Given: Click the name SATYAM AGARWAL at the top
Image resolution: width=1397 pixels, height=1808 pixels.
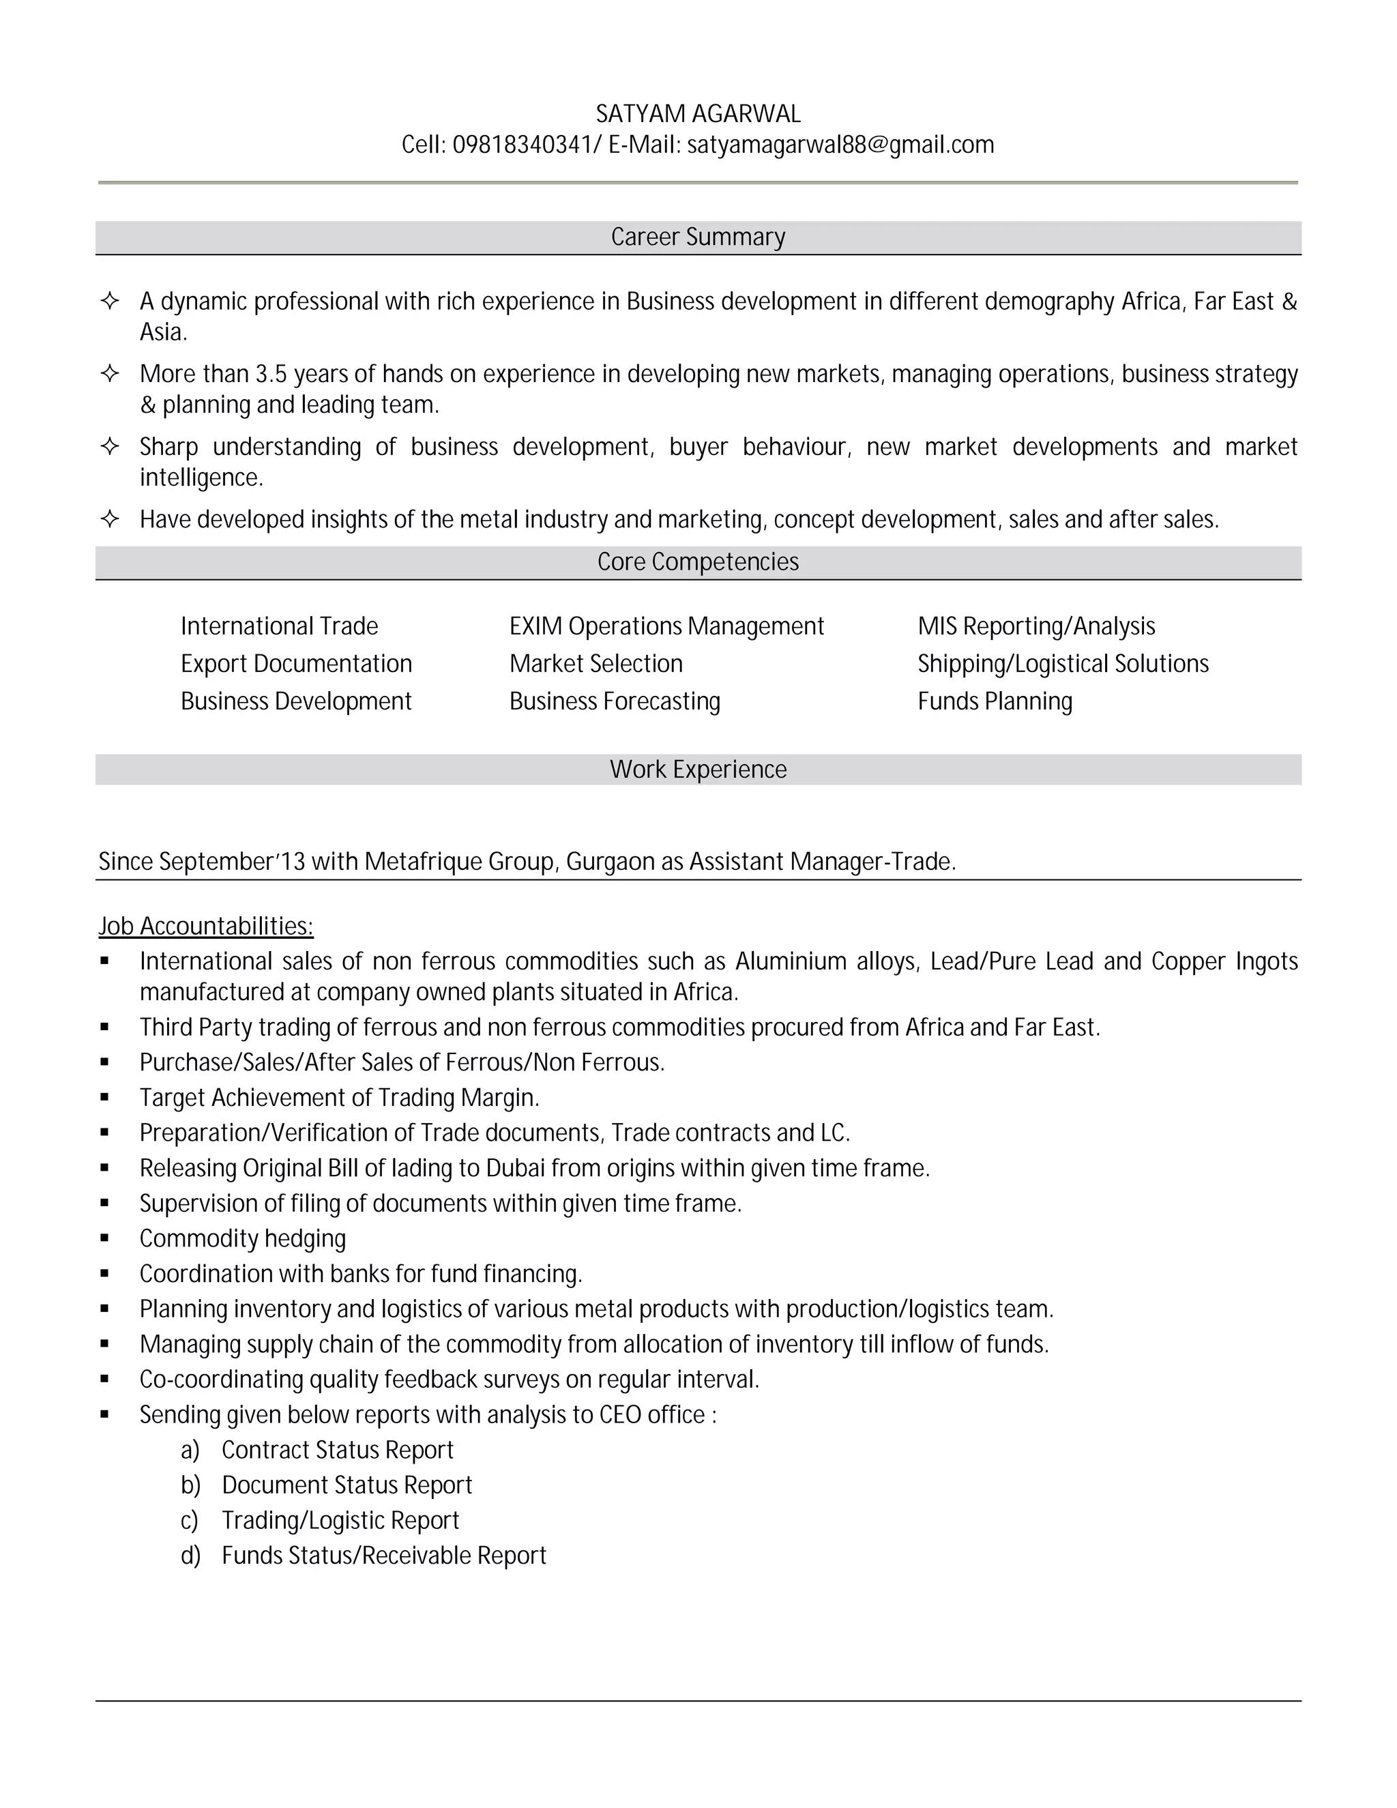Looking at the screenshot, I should (698, 113).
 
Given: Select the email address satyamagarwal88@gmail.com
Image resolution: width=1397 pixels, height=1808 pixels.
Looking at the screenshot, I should (840, 145).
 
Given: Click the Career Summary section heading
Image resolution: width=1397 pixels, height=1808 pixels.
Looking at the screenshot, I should (698, 237).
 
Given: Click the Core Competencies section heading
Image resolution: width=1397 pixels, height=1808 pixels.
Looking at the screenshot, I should (698, 562).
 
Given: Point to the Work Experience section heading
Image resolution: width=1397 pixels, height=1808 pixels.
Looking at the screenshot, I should (698, 769).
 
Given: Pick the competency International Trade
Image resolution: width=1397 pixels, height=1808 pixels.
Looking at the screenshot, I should (279, 626).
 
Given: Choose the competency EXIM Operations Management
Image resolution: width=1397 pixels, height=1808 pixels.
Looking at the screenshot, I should (666, 626).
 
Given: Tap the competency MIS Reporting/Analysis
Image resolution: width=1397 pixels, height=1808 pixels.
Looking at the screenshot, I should (1035, 626).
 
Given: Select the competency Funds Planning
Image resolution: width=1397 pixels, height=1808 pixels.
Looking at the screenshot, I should (994, 701).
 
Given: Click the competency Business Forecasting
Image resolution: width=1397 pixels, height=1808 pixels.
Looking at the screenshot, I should (614, 701).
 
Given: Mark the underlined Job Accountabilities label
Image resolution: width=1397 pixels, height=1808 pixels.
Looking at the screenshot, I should (205, 926).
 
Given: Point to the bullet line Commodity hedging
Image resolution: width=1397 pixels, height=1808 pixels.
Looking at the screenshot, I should (242, 1238).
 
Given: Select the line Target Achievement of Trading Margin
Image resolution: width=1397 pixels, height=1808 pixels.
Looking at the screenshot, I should (339, 1098).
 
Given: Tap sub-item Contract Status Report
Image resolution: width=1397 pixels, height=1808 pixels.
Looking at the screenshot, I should (338, 1450).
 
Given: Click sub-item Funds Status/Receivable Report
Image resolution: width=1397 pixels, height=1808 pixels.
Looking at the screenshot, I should (384, 1556).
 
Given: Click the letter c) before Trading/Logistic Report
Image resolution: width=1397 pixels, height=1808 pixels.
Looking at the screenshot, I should (190, 1521).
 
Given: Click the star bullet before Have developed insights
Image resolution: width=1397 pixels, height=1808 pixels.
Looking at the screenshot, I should (109, 519).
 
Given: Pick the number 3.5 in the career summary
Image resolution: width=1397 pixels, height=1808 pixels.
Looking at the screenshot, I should (271, 374).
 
